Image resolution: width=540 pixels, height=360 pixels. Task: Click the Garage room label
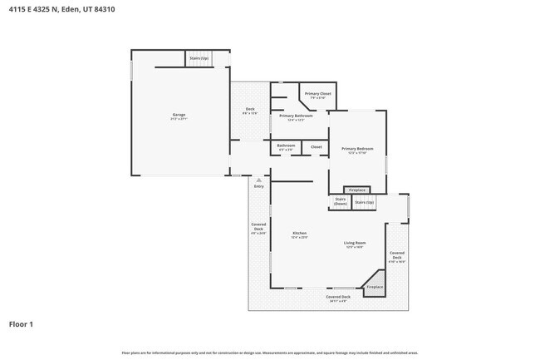point(179,116)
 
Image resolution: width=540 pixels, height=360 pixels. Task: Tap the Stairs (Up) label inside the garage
point(199,58)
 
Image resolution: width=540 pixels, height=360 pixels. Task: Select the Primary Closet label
point(317,95)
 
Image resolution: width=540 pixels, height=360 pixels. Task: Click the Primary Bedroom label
point(357,150)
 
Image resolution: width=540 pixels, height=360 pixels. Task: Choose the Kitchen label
point(299,234)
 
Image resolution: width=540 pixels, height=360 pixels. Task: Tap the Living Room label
point(355,244)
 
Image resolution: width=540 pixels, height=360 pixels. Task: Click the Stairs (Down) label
point(340,201)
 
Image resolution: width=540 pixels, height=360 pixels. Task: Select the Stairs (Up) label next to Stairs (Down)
point(364,201)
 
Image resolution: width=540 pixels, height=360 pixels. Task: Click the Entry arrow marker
point(258,180)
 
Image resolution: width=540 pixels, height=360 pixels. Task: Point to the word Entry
point(258,187)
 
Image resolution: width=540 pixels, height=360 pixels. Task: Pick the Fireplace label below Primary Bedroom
point(356,190)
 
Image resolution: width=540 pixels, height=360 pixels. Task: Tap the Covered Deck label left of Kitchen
point(258,228)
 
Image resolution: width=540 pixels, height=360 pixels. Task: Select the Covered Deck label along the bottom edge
point(338,298)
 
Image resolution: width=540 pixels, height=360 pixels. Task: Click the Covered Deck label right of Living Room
point(397,254)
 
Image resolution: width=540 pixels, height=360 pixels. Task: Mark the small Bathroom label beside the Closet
point(286,146)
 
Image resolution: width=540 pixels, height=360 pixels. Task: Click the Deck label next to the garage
point(249,110)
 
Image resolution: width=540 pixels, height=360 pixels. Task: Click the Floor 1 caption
point(21,324)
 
